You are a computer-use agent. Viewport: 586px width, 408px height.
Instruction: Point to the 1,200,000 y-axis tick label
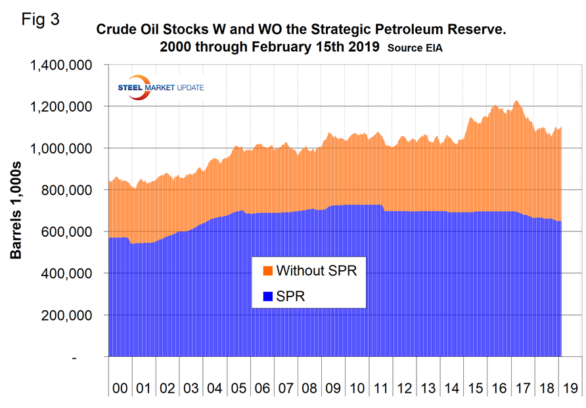coord(62,107)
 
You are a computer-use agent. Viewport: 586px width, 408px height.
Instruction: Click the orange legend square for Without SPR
coord(267,270)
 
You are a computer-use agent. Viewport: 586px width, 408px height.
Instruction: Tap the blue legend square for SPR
coord(267,296)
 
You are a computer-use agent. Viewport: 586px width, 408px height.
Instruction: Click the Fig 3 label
coord(41,19)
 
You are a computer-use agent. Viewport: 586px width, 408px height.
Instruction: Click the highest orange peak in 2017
coord(516,101)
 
